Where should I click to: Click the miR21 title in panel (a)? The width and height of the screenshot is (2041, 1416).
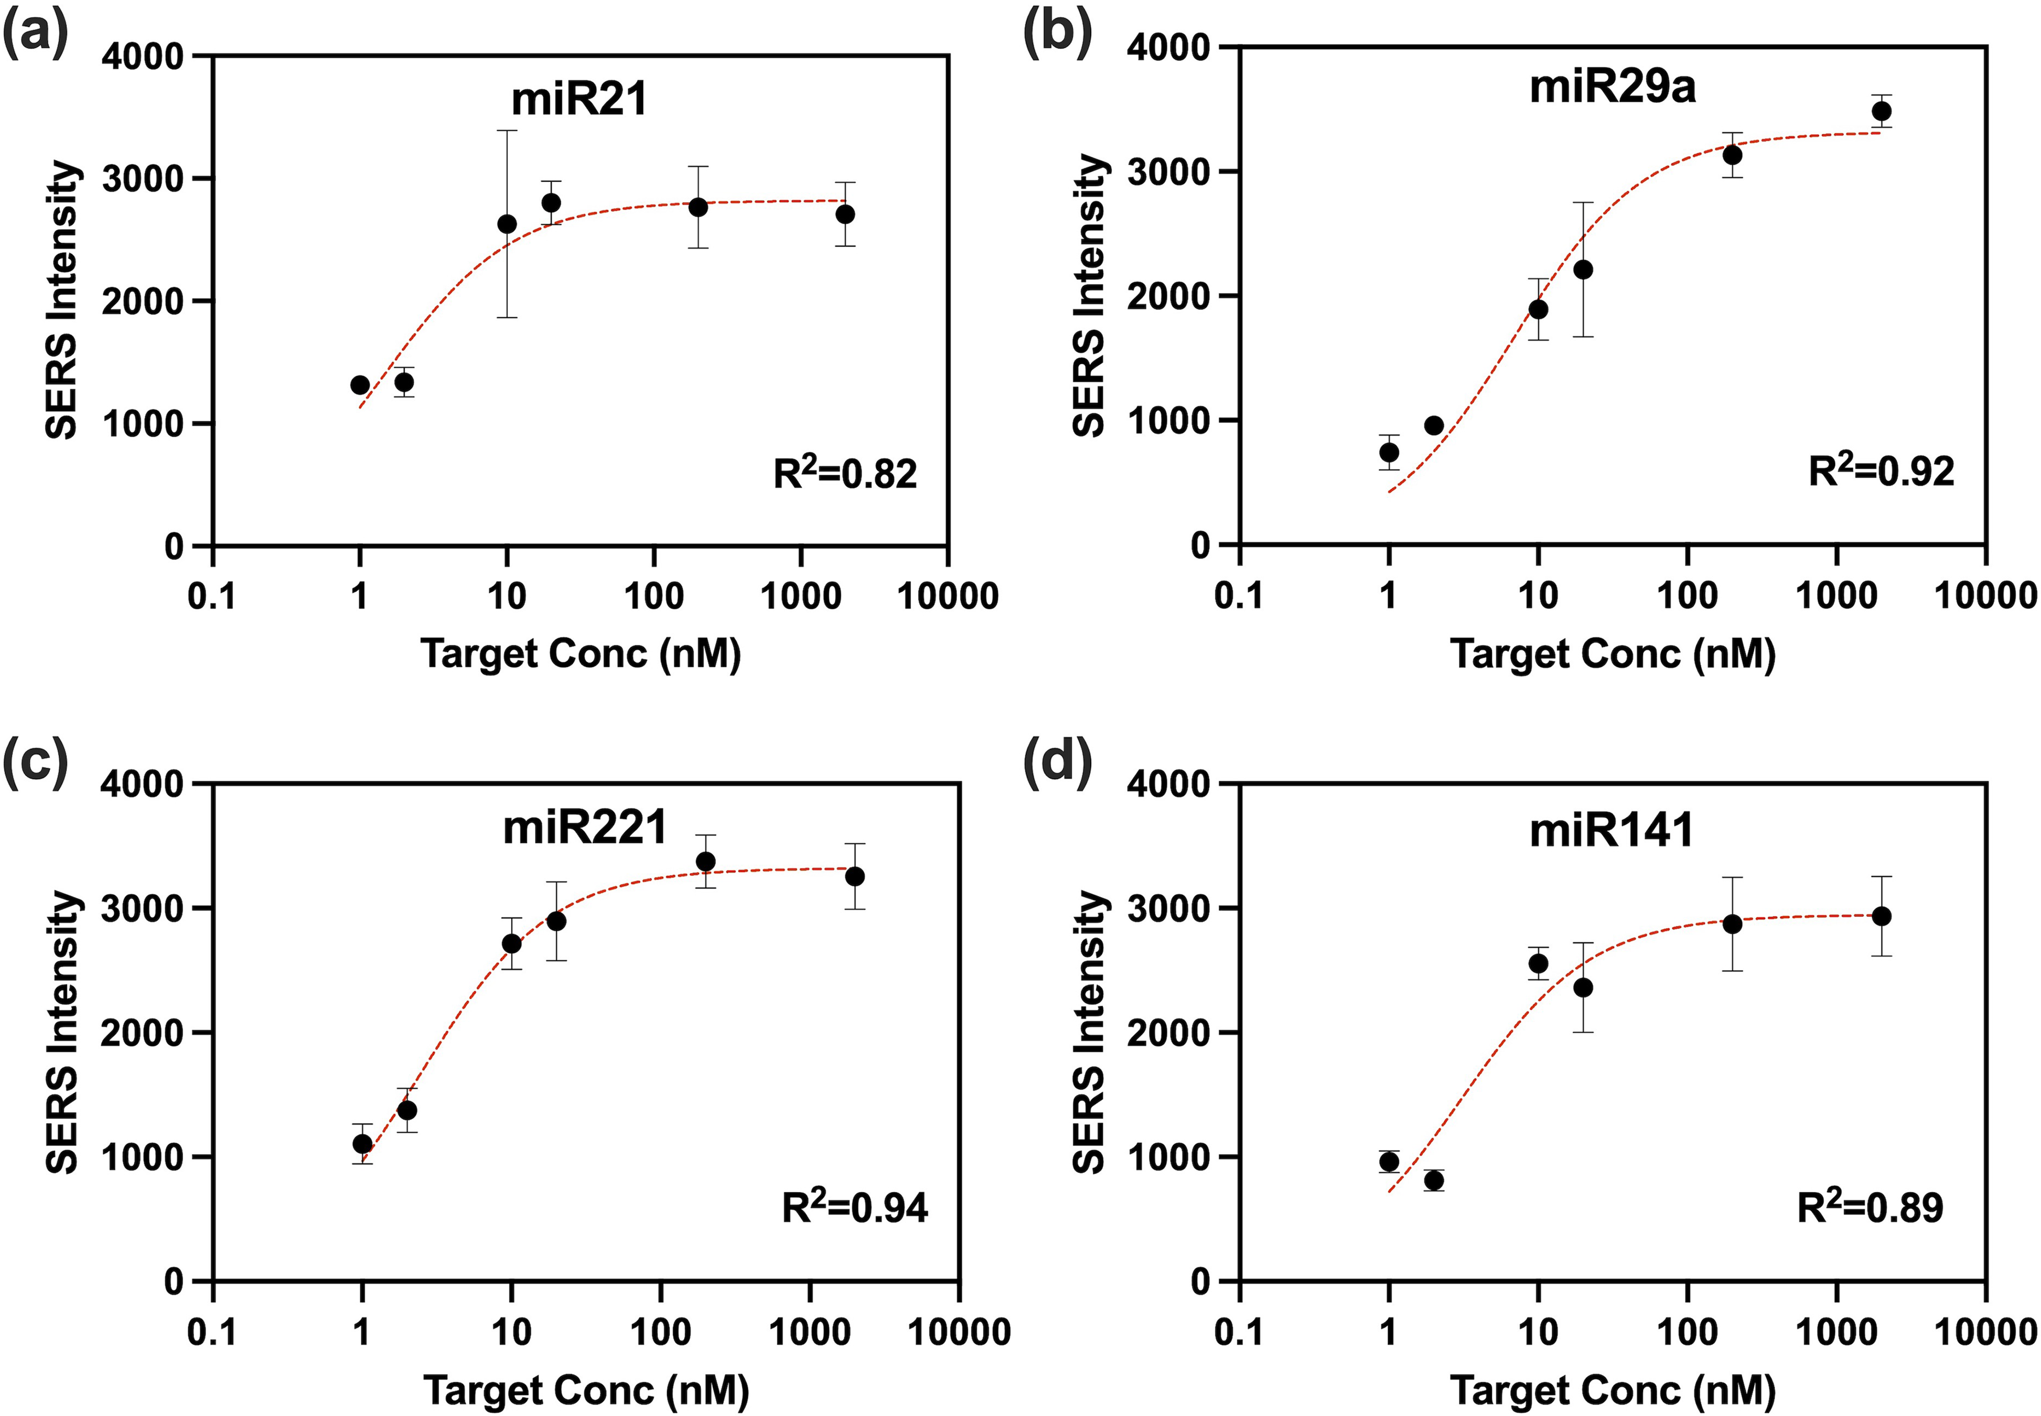pos(579,99)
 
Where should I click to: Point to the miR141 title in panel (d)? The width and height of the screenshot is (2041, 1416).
pos(1612,830)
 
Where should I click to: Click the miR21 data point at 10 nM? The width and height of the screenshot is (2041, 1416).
pos(507,224)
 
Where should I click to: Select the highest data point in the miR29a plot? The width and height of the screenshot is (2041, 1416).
pos(1880,111)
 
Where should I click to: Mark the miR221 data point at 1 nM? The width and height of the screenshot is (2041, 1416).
pos(362,1144)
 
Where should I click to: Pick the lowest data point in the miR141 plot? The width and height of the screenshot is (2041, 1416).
pos(1434,1180)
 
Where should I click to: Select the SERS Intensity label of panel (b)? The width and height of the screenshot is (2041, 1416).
pos(1089,296)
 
